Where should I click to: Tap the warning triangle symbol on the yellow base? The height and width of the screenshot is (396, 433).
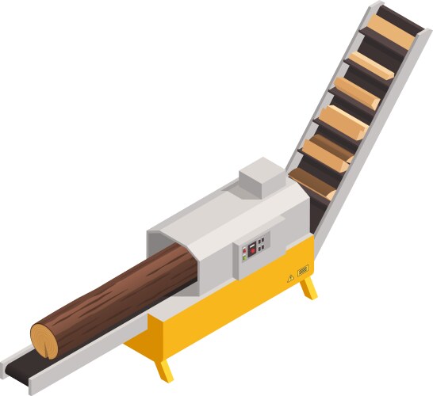[289, 278]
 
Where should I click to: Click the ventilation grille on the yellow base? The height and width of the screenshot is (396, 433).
[302, 272]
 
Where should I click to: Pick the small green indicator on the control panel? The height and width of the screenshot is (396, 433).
[244, 257]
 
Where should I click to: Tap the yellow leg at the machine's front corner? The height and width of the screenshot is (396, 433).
[165, 369]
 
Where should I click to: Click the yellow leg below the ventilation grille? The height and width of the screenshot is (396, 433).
[308, 288]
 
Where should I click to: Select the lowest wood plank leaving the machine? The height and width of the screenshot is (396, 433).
[312, 183]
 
